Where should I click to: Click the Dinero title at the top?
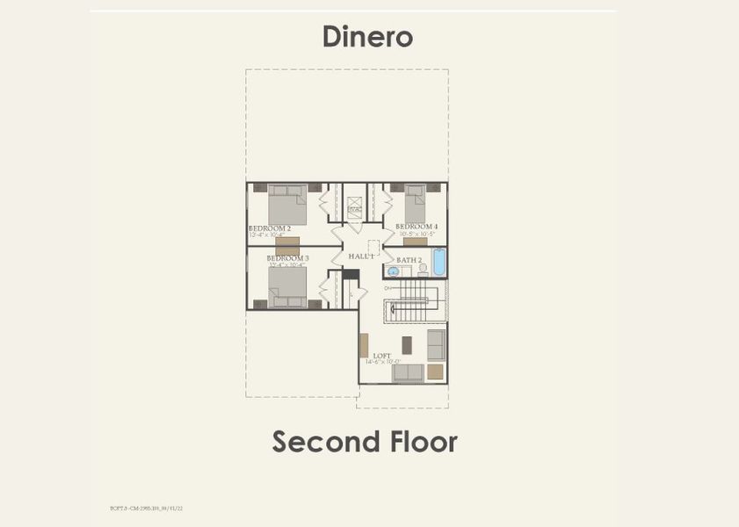pos(367,37)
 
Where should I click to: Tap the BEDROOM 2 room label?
pos(270,228)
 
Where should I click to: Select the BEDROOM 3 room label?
pos(287,258)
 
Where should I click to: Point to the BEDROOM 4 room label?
pos(418,227)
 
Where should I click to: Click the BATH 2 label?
pos(409,260)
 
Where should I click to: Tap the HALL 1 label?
pos(361,256)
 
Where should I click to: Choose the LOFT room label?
pos(382,356)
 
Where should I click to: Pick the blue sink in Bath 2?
pos(394,272)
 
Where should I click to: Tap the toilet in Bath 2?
pos(422,271)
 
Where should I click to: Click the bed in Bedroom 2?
pos(286,206)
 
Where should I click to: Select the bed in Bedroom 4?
pos(415,204)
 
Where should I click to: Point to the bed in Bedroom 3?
pos(287,286)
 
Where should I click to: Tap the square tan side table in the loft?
pos(435,372)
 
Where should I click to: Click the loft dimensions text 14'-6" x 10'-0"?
pos(383,362)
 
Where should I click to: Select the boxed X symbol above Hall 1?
pos(354,209)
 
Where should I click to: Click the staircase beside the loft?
pos(412,300)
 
